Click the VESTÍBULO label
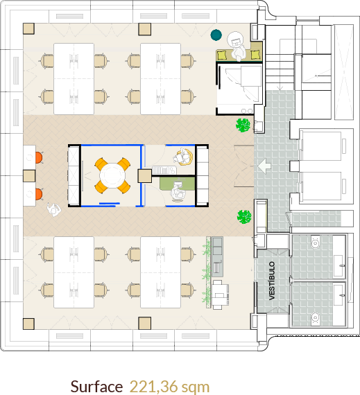pyautogui.click(x=272, y=281)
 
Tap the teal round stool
pyautogui.click(x=216, y=35)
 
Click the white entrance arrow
pyautogui.click(x=264, y=166)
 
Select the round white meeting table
pyautogui.click(x=112, y=175)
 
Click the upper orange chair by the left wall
pyautogui.click(x=39, y=157)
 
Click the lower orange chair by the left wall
pyautogui.click(x=39, y=194)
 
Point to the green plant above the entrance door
pyautogui.click(x=243, y=125)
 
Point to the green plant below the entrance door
pyautogui.click(x=244, y=217)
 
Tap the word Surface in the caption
pyautogui.click(x=96, y=387)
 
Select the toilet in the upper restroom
pyautogui.click(x=315, y=243)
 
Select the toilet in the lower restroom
pyautogui.click(x=315, y=318)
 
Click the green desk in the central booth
pyautogui.click(x=178, y=184)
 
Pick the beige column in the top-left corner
pyautogui.click(x=28, y=28)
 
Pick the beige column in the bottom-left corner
pyautogui.click(x=28, y=324)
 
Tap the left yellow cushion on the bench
pyautogui.click(x=222, y=55)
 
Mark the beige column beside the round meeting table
pyautogui.click(x=145, y=176)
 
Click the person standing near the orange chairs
pyautogui.click(x=53, y=210)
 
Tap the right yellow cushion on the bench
pyautogui.click(x=255, y=55)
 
